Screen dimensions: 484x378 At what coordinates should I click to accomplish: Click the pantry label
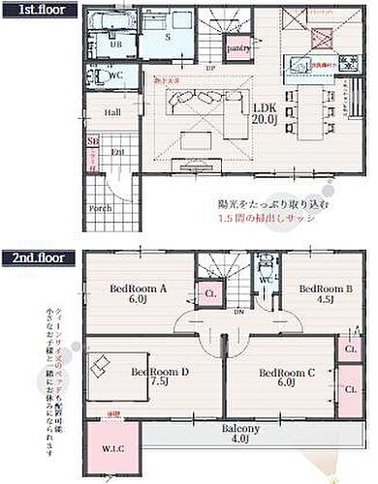(x=238, y=47)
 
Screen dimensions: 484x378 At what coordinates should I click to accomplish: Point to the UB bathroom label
(x=115, y=45)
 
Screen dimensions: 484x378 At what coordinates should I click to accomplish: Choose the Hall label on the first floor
(x=111, y=112)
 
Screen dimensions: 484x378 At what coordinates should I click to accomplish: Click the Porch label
(x=100, y=206)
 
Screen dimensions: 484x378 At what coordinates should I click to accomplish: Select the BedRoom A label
(x=140, y=293)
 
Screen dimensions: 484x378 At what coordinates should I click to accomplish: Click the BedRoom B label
(x=324, y=293)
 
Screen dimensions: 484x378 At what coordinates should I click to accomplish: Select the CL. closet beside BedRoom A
(x=210, y=294)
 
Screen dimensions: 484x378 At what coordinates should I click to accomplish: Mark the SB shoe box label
(x=93, y=141)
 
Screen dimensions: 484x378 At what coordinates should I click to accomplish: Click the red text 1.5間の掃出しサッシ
(x=270, y=221)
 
